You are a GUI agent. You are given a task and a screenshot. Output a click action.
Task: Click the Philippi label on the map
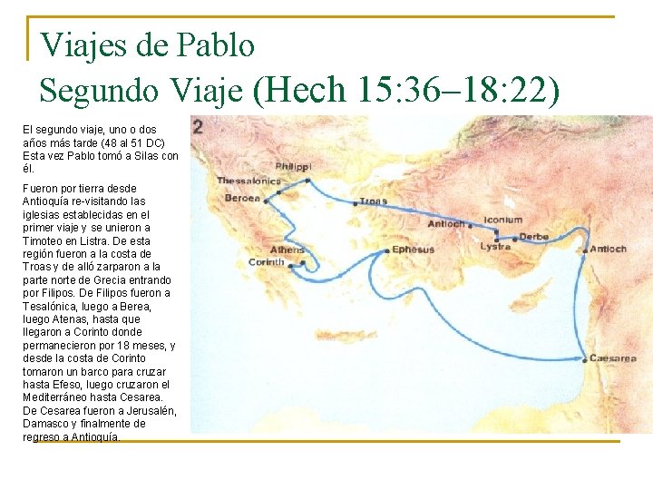[293, 167]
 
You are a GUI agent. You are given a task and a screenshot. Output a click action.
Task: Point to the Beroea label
[242, 198]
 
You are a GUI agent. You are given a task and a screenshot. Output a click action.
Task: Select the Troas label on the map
[374, 201]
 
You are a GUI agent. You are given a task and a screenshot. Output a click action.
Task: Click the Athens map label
[287, 250]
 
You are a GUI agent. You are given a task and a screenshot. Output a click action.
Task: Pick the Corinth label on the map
[267, 262]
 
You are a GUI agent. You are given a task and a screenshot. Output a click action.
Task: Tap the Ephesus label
[414, 250]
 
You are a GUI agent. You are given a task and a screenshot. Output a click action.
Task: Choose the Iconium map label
[502, 220]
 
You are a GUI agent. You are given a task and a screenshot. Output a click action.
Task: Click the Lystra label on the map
[496, 247]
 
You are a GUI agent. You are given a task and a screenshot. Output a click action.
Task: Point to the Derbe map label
[534, 238]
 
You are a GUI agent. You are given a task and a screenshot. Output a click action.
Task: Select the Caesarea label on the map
[613, 358]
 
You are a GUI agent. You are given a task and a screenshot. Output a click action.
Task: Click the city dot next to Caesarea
[583, 359]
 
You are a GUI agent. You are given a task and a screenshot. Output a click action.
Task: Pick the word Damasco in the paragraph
[50, 424]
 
